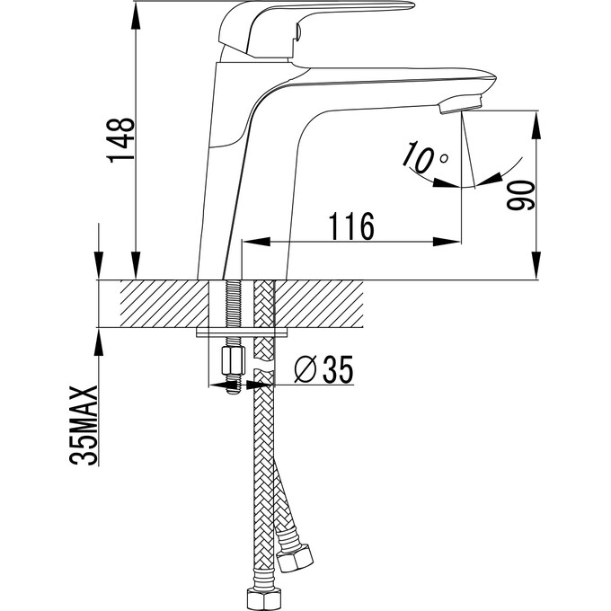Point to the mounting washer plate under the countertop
coord(242,333)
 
